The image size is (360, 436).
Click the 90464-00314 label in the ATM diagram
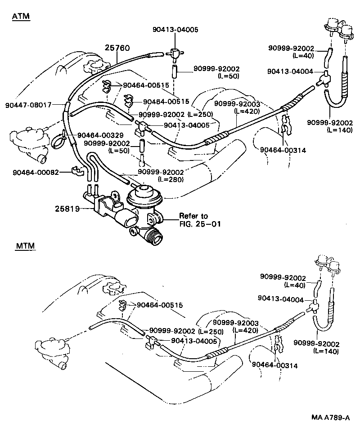click(x=283, y=150)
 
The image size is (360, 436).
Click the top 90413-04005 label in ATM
click(x=175, y=30)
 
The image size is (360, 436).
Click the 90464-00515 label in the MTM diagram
click(x=159, y=305)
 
